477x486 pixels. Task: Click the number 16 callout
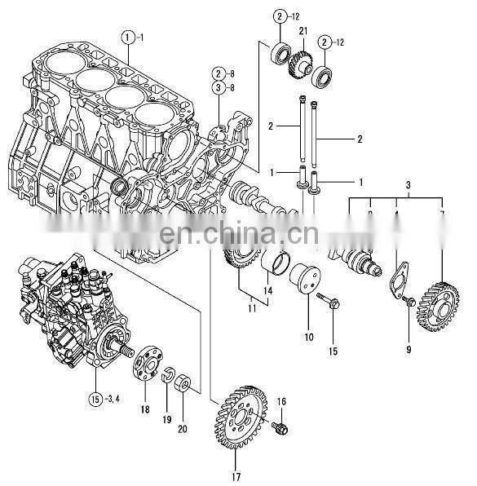[281, 402]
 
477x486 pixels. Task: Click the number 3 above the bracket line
[407, 186]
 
